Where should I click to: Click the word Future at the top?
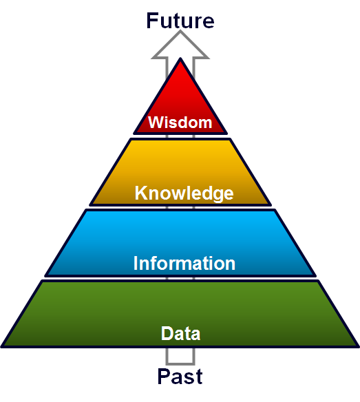tap(180, 21)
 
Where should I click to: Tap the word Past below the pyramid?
tap(180, 376)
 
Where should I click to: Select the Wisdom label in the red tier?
tap(180, 123)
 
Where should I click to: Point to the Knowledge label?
tap(184, 193)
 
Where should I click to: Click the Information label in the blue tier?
tap(184, 263)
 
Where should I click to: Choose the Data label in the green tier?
tap(180, 333)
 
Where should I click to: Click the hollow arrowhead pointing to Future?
tap(180, 45)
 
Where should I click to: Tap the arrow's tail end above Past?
tap(180, 363)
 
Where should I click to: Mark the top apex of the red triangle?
tap(180, 59)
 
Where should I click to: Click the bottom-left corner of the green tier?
tap(2, 347)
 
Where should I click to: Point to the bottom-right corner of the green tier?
tap(358, 347)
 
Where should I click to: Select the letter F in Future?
tap(151, 21)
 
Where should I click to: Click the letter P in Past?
tap(163, 376)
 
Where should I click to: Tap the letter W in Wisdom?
tap(156, 123)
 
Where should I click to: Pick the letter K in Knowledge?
tap(140, 193)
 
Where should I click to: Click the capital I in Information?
tap(136, 263)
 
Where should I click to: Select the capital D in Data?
tap(167, 333)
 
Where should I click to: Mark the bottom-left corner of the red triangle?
tap(134, 134)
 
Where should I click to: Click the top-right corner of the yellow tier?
tap(230, 139)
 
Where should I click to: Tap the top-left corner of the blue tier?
tap(86, 210)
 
